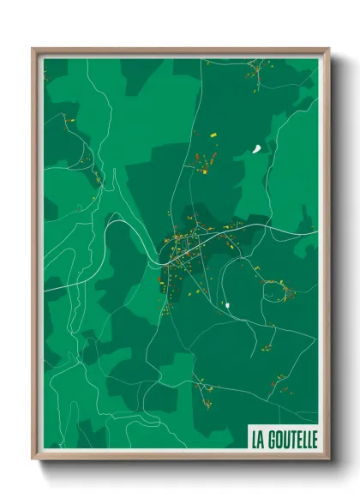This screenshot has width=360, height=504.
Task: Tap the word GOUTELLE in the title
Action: coord(291,439)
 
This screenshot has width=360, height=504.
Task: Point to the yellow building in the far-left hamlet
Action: coord(71,121)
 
